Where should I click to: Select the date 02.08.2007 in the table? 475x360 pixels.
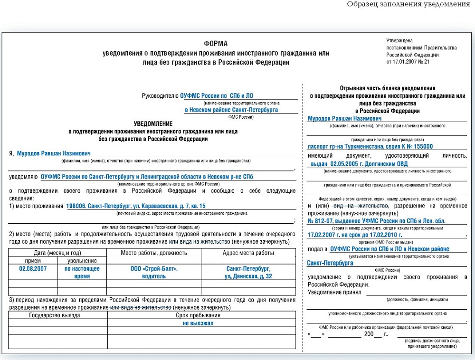point(33,269)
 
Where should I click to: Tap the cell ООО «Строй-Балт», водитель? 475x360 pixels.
point(154,272)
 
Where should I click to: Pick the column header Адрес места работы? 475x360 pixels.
point(248,253)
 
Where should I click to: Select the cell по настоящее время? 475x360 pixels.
point(82,272)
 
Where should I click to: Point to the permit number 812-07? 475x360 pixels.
point(328,221)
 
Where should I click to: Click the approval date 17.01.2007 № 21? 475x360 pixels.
point(408,62)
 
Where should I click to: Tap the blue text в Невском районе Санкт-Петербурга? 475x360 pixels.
point(232,110)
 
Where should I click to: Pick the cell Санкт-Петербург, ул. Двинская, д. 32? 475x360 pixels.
point(248,272)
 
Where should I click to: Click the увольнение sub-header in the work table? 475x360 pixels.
point(82,261)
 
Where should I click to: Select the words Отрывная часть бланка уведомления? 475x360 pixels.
point(388,88)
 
